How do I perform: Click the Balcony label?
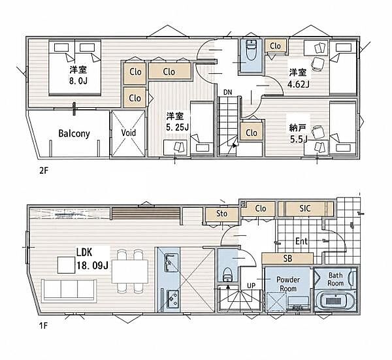point(74,134)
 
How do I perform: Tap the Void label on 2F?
point(129,133)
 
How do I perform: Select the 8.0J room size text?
point(78,80)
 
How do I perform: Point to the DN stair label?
point(227,92)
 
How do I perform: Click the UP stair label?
point(251,286)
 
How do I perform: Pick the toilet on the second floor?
point(251,51)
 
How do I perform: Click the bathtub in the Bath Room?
point(335,300)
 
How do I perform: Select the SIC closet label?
point(304,208)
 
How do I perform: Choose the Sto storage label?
point(221,214)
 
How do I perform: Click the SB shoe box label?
point(287,258)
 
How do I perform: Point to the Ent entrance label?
point(301,241)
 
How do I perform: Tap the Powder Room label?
point(288,284)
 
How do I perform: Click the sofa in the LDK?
point(69,290)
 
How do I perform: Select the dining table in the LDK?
point(130,272)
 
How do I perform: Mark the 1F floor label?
point(43,326)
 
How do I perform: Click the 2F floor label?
point(43,171)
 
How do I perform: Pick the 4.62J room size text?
point(299,84)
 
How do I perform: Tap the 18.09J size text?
point(93,265)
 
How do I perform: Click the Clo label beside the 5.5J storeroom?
point(252,133)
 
